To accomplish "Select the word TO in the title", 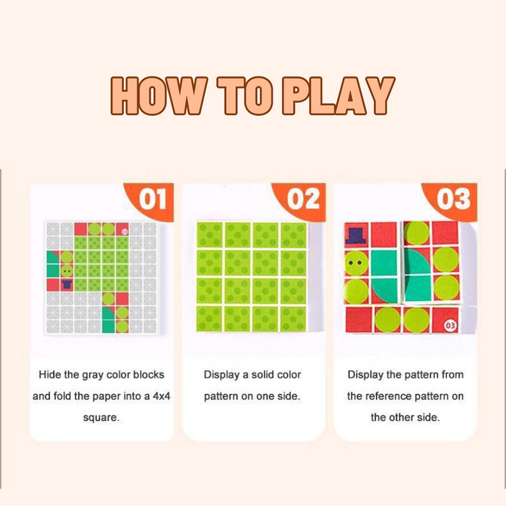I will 243,96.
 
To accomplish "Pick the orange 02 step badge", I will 303,199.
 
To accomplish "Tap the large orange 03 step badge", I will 453,199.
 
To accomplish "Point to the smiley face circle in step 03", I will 356,263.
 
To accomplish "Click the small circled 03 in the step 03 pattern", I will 451,325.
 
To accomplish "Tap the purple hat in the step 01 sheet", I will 66,285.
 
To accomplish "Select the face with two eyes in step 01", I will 66,271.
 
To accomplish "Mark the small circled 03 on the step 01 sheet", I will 124,231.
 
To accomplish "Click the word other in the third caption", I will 402,417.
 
